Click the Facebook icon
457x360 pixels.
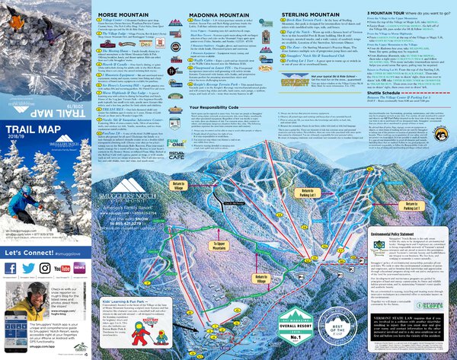pyautogui.click(x=10, y=268)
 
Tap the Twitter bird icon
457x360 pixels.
pyautogui.click(x=28, y=268)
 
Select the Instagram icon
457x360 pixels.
pyautogui.click(x=46, y=268)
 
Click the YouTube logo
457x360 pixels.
pyautogui.click(x=65, y=268)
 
